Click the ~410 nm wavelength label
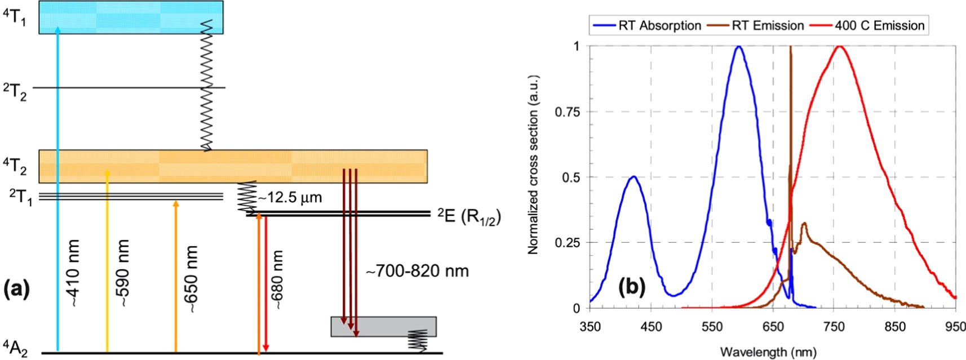(73, 273)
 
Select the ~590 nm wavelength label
(123, 273)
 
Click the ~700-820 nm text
(417, 271)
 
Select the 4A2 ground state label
(15, 348)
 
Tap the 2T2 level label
(15, 91)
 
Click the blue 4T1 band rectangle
(131, 17)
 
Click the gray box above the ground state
(383, 327)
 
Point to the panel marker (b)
(631, 287)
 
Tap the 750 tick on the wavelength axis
(834, 327)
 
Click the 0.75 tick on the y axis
(567, 112)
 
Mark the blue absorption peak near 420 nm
(633, 177)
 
